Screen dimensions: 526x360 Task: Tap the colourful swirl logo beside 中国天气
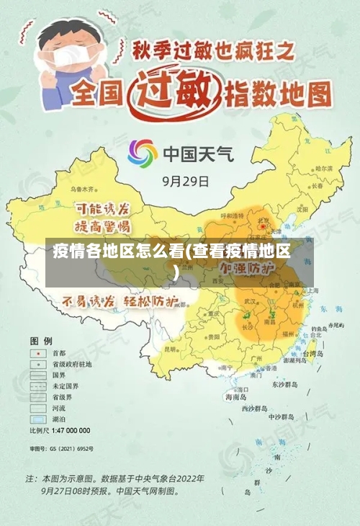coord(143,153)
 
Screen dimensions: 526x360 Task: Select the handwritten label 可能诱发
coord(103,209)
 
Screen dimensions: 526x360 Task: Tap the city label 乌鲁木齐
coord(83,189)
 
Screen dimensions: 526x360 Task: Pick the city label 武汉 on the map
coord(251,300)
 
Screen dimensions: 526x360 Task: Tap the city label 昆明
coord(170,349)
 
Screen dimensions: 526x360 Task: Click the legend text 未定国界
coord(63,386)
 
